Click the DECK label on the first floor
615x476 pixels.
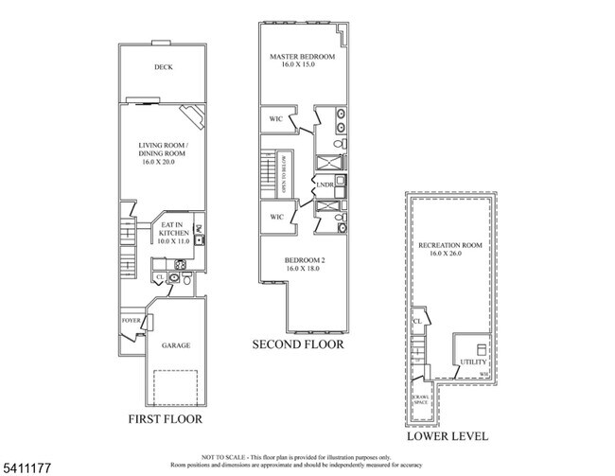163,67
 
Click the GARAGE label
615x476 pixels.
175,345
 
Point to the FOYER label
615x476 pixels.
132,320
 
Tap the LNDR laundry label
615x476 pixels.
325,185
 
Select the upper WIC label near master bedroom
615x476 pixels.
275,119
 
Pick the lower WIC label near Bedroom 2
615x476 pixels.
275,216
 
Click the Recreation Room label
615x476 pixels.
449,249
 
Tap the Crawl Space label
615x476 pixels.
419,397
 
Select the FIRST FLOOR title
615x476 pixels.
166,418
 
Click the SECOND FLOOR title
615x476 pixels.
298,346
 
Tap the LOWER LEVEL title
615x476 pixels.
448,438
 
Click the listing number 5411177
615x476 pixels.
26,465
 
